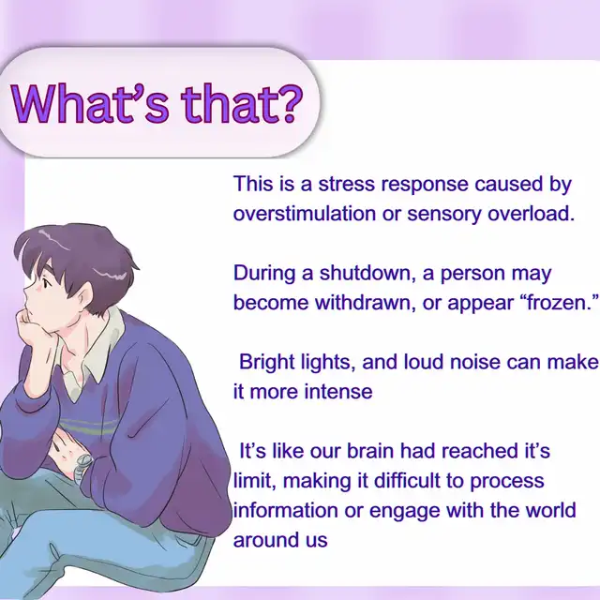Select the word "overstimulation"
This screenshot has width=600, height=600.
(305, 213)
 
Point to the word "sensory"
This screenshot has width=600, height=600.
(443, 215)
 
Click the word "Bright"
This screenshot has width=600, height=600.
(266, 363)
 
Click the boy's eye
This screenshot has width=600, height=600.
(46, 284)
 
